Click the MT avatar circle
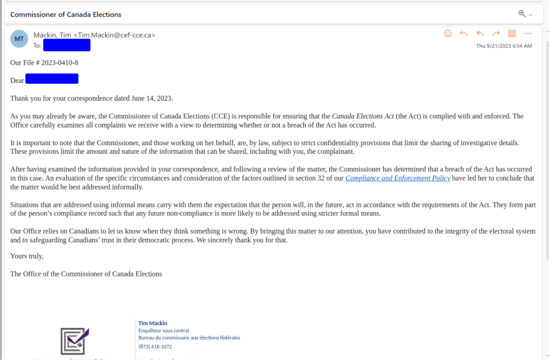pos(19,39)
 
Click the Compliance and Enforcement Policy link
pos(397,178)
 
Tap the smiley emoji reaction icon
pos(448,33)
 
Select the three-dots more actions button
pos(528,33)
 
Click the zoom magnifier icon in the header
pos(522,14)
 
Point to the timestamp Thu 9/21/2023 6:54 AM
pos(504,46)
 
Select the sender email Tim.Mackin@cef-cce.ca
pos(116,35)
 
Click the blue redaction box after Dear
pos(51,79)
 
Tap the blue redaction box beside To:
pos(66,45)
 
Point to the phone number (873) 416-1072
pos(155,347)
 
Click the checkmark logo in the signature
pos(74,340)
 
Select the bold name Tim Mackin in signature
pos(153,323)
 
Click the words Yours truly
pos(27,256)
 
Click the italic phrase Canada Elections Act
pos(362,116)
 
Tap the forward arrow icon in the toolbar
pos(496,33)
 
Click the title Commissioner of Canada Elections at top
pos(66,14)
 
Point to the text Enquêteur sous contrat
pos(164,331)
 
